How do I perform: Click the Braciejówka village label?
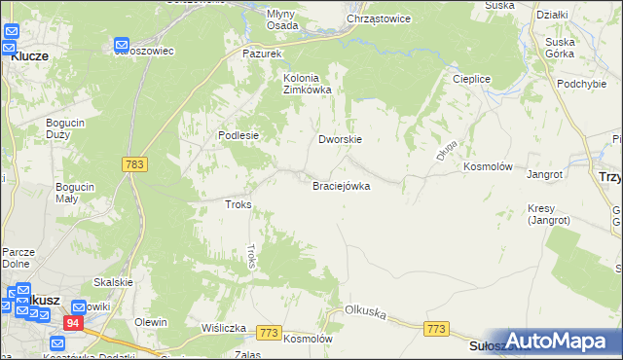pos(341,186)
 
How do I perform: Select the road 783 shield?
pos(135,165)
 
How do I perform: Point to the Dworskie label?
pos(341,139)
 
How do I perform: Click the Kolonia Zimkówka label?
pos(307,84)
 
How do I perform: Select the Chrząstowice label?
pos(379,18)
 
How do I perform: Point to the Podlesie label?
pos(238,136)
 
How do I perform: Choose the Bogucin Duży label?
pos(66,129)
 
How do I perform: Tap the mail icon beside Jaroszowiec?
pos(123,45)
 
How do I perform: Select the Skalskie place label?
pos(113,282)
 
